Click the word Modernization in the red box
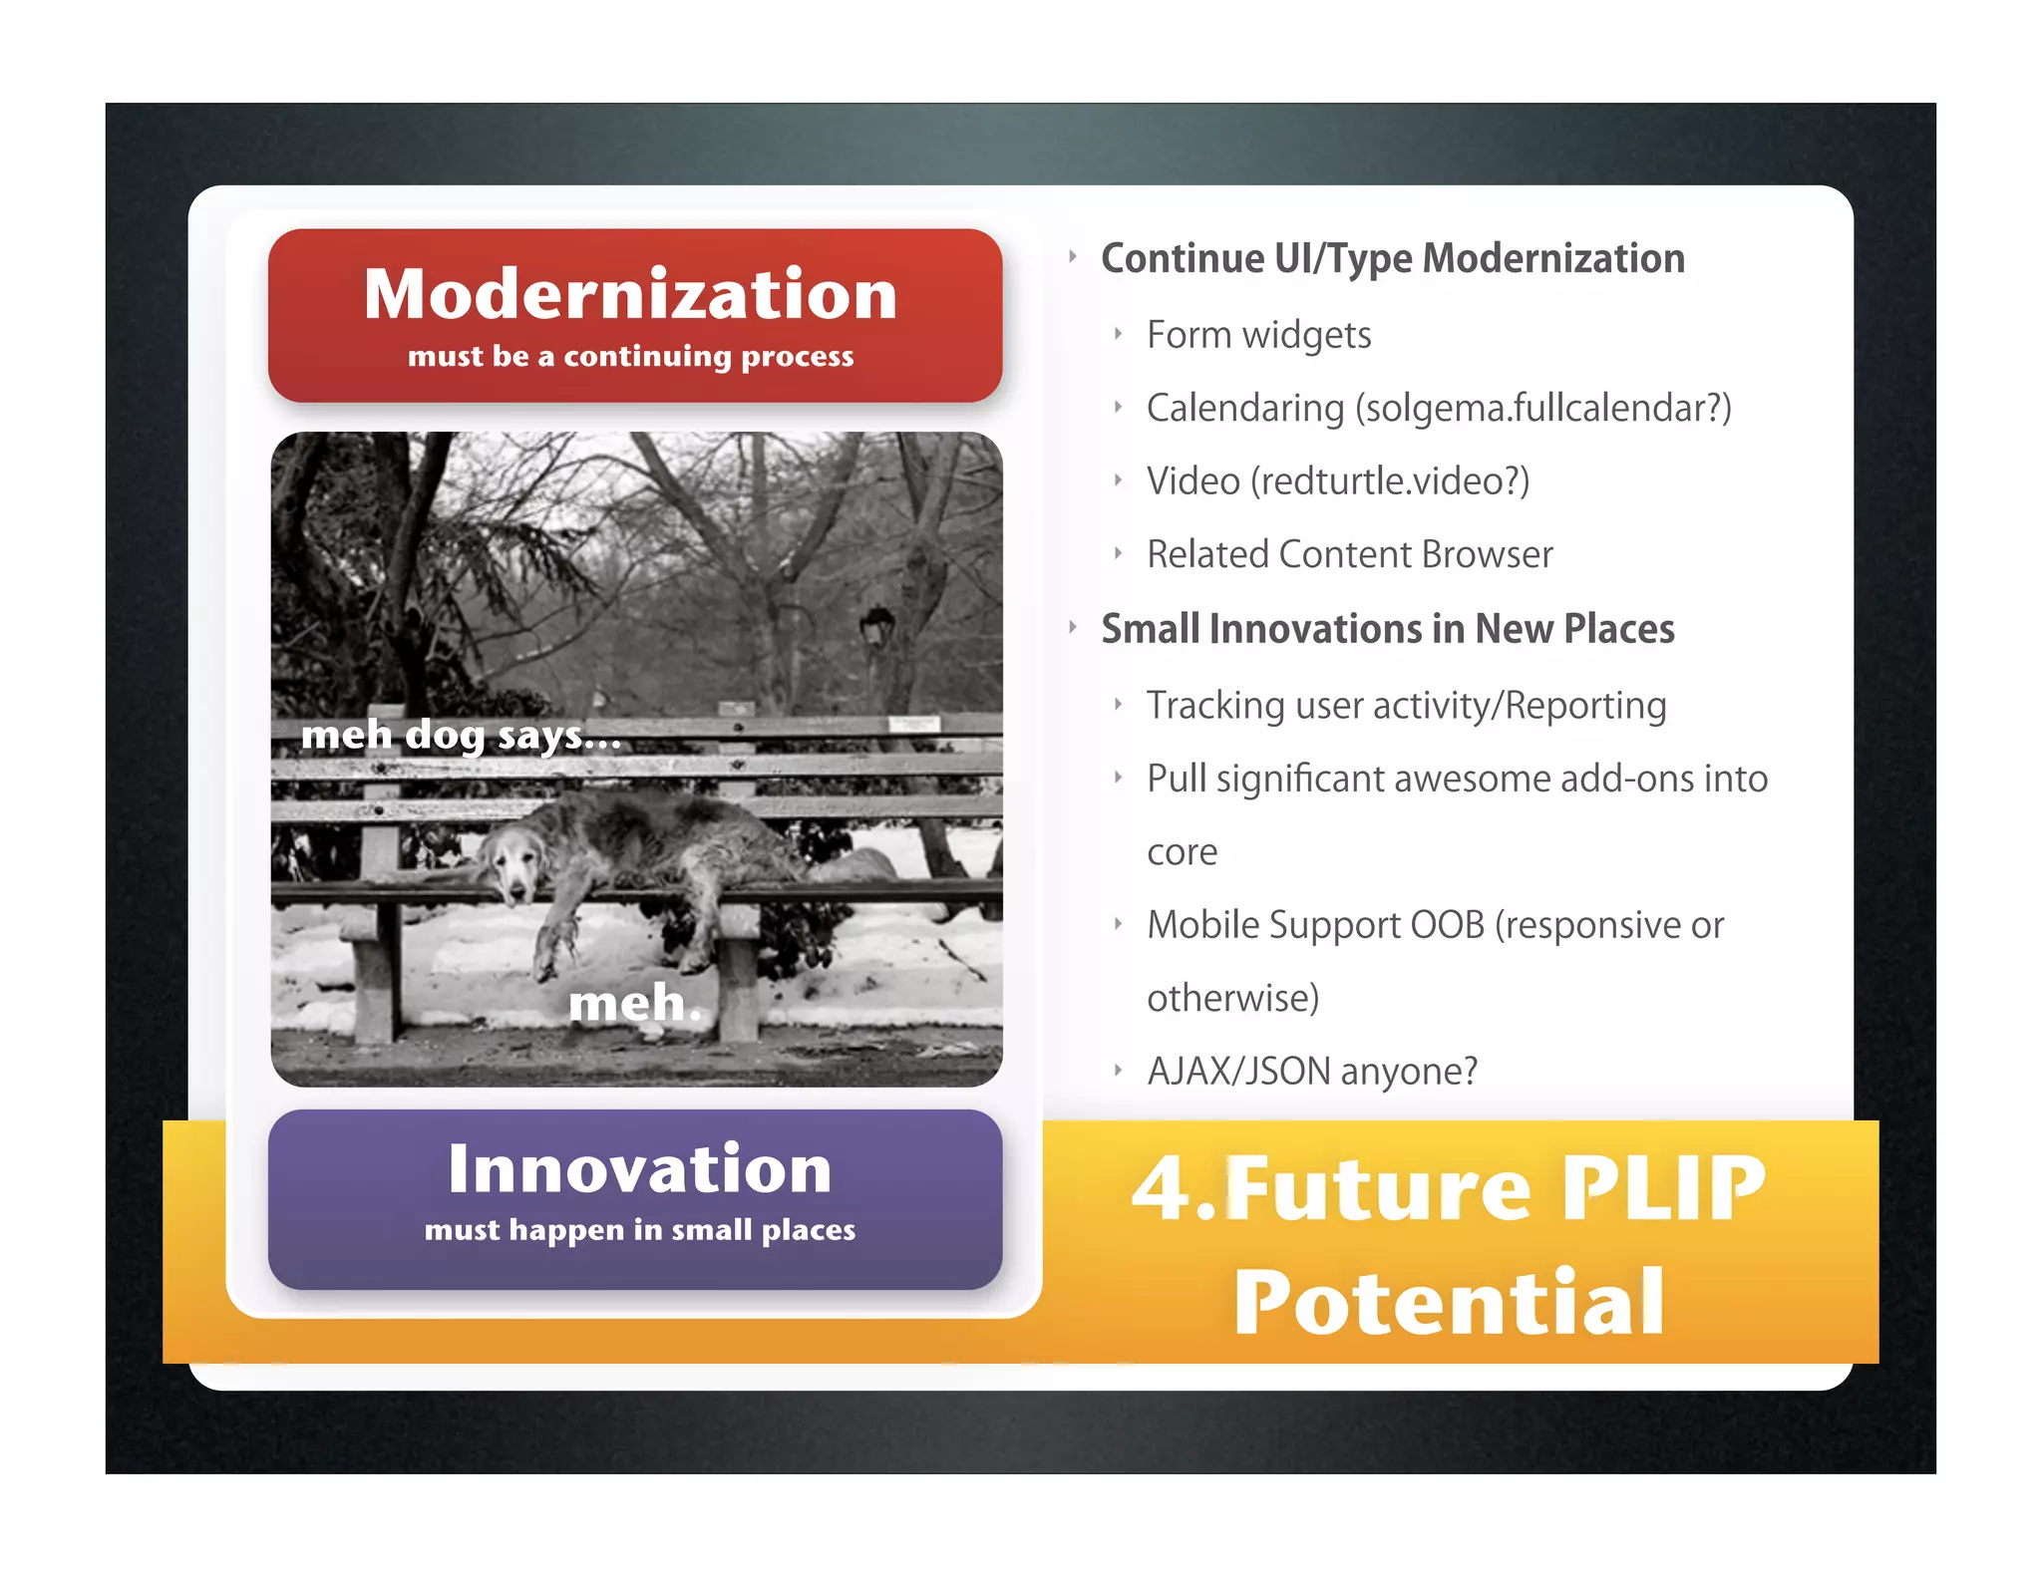(630, 294)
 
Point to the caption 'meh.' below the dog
(635, 1003)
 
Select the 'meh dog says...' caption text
(461, 736)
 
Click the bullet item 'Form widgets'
(1258, 335)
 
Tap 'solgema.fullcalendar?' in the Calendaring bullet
(1542, 409)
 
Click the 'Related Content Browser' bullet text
(1349, 554)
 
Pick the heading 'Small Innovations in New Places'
(1387, 629)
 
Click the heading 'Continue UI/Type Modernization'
(1392, 258)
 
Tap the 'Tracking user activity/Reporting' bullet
(1406, 706)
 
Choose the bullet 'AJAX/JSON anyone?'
(1312, 1072)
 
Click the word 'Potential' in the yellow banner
(1449, 1302)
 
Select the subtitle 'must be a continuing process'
(630, 357)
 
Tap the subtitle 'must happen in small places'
(639, 1230)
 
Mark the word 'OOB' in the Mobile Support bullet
(1447, 925)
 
